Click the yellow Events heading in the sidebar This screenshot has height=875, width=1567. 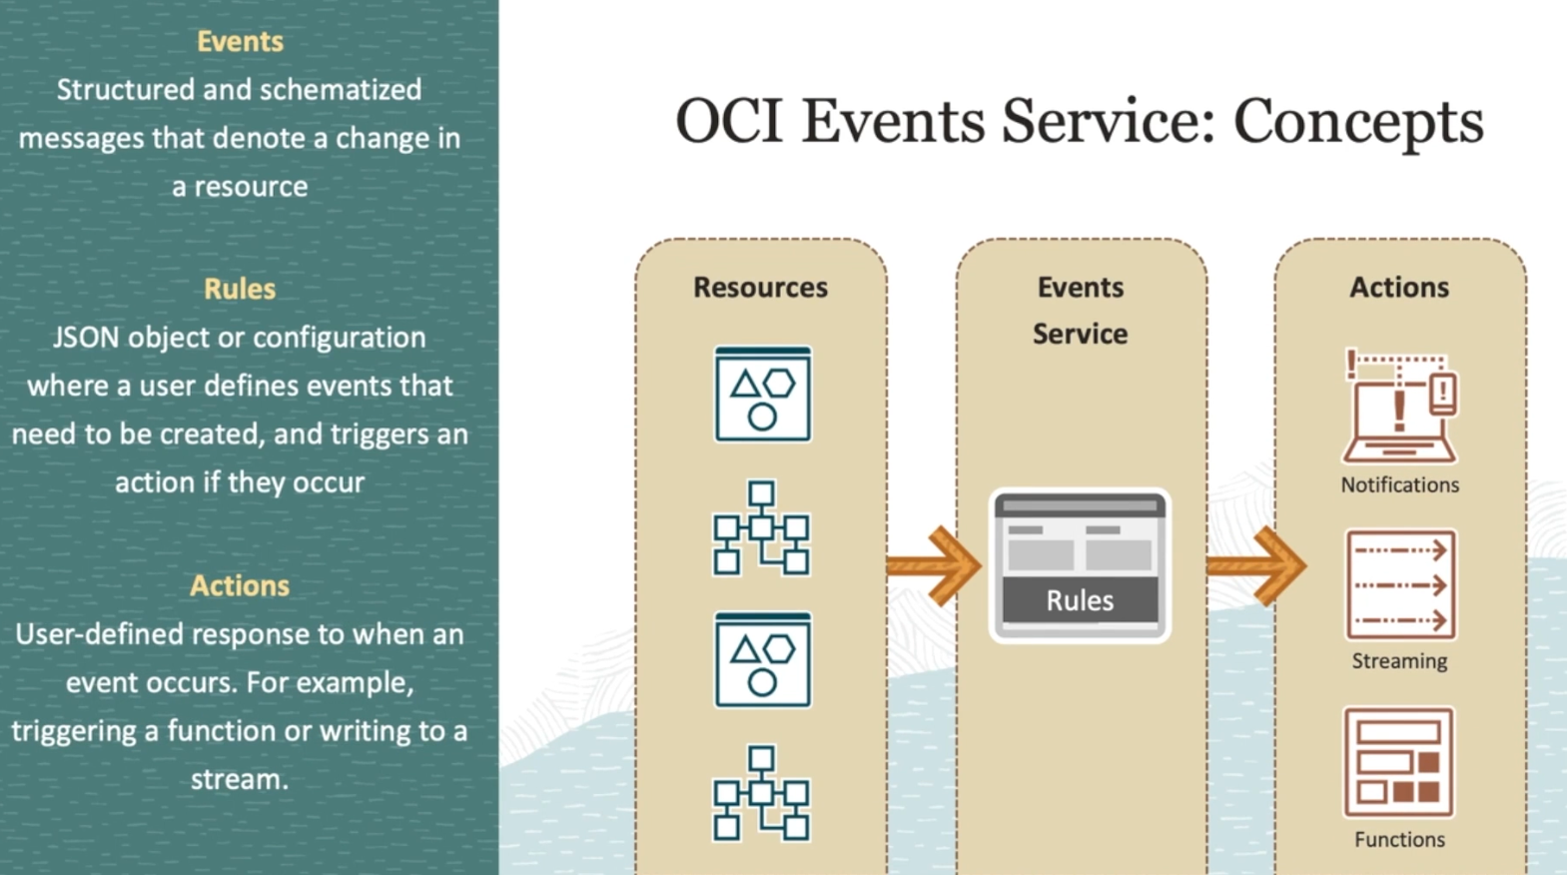point(240,41)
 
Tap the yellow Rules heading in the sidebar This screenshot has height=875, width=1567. point(240,289)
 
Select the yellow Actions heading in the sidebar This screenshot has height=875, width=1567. point(240,585)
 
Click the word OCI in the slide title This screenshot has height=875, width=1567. point(729,121)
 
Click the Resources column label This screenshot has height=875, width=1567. point(760,288)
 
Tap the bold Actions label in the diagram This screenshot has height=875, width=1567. point(1399,288)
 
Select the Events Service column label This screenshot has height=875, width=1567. point(1080,311)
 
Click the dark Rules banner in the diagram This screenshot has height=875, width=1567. point(1080,600)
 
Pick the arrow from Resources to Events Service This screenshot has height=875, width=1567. point(933,565)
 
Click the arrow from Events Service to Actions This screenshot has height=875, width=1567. point(1255,565)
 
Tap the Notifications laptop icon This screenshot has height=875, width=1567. point(1400,407)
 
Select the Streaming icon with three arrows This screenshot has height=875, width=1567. point(1400,584)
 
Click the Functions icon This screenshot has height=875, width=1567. point(1398,762)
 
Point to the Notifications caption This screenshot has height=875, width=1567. point(1400,484)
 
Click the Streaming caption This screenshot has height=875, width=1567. point(1399,661)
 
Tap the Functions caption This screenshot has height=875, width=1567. point(1399,839)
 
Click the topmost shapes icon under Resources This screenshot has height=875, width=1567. point(762,395)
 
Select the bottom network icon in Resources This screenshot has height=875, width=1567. point(761,793)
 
